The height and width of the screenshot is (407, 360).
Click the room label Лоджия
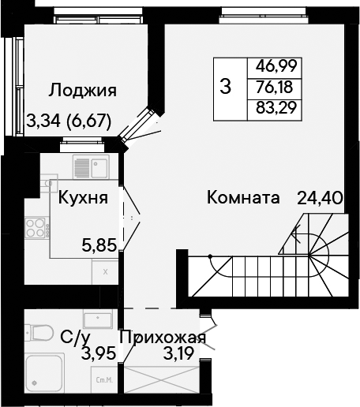click(82, 91)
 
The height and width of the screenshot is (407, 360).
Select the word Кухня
click(83, 198)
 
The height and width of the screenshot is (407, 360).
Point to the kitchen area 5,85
click(99, 245)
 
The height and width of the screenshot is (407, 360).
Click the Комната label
click(243, 197)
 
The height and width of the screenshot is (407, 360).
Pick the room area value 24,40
click(321, 198)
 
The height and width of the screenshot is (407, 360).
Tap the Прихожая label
click(163, 338)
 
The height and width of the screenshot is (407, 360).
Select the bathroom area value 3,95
click(99, 353)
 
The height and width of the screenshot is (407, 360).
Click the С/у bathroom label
click(75, 338)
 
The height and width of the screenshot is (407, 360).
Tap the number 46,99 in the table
click(276, 65)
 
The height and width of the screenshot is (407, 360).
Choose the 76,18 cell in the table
click(274, 87)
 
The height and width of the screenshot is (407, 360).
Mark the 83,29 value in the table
click(276, 107)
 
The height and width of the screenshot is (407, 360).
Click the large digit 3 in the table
click(226, 87)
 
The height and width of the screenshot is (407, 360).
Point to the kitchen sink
click(91, 166)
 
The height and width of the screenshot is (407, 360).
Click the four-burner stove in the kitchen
click(37, 228)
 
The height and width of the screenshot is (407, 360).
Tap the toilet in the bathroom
click(39, 333)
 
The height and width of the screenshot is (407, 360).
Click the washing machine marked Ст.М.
click(104, 380)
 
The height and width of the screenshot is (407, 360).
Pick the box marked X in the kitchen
click(105, 272)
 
